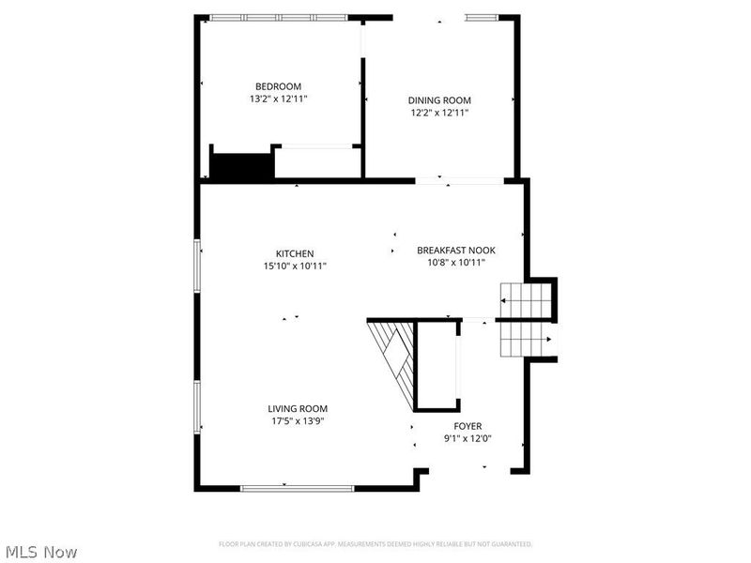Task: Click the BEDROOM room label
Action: pyautogui.click(x=278, y=86)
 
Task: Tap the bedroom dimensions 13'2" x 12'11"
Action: pyautogui.click(x=278, y=99)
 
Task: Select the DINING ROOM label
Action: pyautogui.click(x=438, y=100)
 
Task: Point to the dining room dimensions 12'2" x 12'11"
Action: pyautogui.click(x=438, y=113)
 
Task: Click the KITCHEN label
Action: pyautogui.click(x=294, y=253)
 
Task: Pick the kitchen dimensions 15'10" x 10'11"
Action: pyautogui.click(x=294, y=266)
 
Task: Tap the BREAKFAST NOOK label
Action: pyautogui.click(x=455, y=250)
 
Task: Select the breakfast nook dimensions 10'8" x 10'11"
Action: pyautogui.click(x=455, y=262)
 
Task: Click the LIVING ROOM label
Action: pyautogui.click(x=298, y=408)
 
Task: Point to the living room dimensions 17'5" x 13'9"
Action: pyautogui.click(x=298, y=420)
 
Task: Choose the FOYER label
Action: pyautogui.click(x=467, y=426)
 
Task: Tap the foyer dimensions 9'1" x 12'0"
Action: pyautogui.click(x=467, y=438)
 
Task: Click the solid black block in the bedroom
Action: pyautogui.click(x=240, y=166)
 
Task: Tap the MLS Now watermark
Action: pyautogui.click(x=40, y=552)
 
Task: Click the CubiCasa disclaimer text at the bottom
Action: pyautogui.click(x=375, y=544)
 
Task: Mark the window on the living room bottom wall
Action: pyautogui.click(x=297, y=487)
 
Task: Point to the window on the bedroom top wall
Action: pyautogui.click(x=278, y=17)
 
